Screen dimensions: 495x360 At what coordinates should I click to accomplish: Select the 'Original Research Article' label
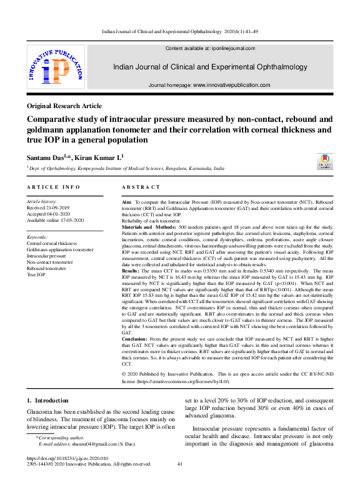[x=64, y=106]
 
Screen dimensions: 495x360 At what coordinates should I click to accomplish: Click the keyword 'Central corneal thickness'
[x=52, y=243]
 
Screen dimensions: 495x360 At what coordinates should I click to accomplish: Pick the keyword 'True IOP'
[x=36, y=274]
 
